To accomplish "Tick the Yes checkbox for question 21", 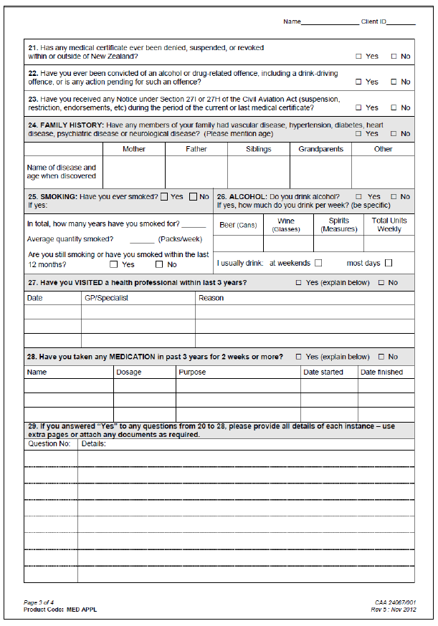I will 358,56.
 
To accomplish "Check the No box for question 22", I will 394,82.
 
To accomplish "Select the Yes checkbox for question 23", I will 358,107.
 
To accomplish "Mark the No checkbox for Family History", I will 394,133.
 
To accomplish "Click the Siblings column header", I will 258,149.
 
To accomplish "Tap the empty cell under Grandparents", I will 320,172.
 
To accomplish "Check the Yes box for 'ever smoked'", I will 165,196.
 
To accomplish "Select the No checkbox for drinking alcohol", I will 394,196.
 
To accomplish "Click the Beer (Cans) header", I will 237,225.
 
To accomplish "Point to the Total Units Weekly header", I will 389,225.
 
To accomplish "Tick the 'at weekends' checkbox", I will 318,263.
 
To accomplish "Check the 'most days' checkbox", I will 389,263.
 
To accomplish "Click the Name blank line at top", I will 330,22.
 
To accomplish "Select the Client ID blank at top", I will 401,22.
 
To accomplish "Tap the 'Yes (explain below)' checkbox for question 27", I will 299,283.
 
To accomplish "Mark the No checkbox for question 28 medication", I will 381,357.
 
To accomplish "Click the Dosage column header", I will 129,372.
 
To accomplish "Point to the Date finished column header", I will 381,372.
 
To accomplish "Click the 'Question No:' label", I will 49,443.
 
